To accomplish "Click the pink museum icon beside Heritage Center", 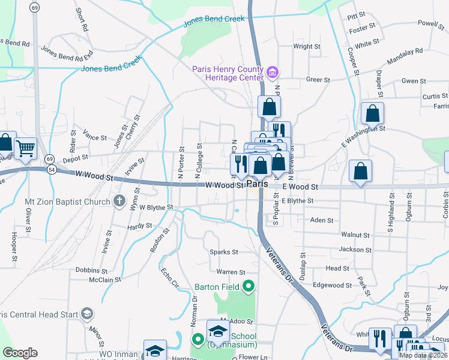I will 273,73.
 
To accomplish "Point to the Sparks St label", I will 223,252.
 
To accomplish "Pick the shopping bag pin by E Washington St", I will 372,113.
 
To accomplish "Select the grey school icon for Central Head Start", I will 87,314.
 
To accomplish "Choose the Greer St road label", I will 318,79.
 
